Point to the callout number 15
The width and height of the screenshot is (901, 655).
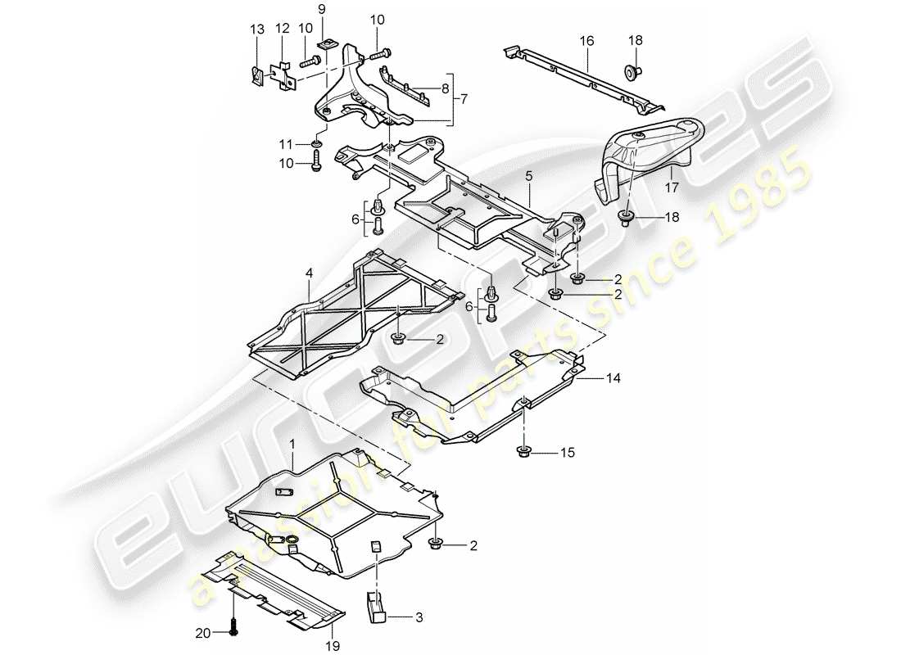568,452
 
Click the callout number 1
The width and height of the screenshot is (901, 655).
292,443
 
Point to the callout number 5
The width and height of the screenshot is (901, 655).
529,175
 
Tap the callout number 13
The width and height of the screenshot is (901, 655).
257,29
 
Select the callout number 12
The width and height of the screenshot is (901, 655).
283,29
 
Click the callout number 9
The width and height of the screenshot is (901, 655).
322,8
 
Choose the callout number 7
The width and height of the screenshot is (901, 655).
464,99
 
